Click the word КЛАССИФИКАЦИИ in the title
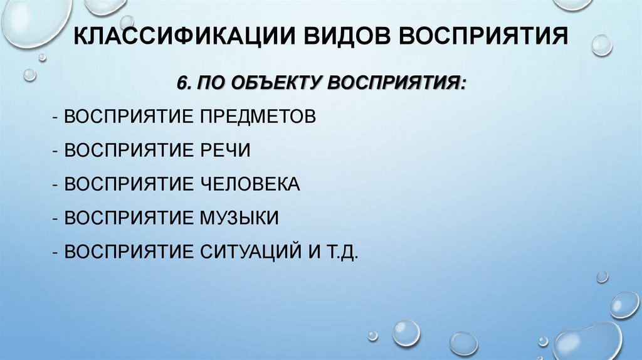(x=187, y=36)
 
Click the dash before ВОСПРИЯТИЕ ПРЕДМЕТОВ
(x=56, y=118)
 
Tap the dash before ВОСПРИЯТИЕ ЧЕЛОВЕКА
(x=56, y=185)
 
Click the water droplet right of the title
(x=601, y=45)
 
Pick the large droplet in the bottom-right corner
(x=587, y=342)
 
